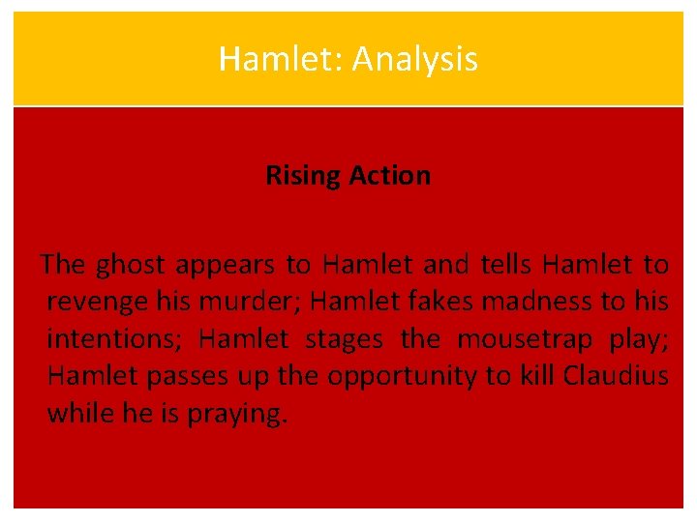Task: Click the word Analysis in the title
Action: coord(415,59)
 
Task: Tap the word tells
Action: coord(506,264)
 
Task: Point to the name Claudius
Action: coord(611,376)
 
